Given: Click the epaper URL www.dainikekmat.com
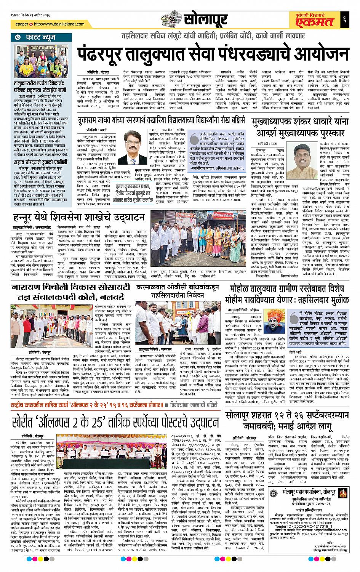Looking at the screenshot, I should (x=58, y=24).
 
